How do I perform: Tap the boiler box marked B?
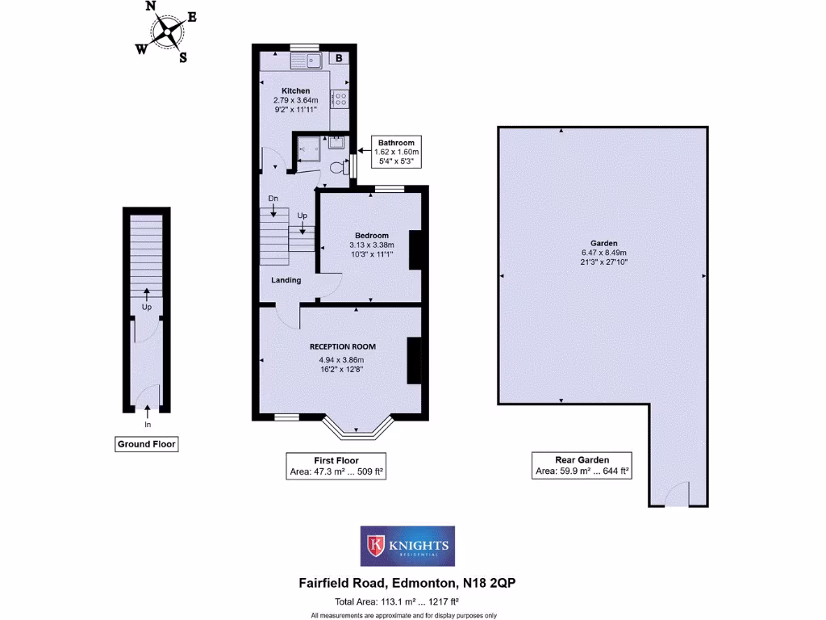[340, 58]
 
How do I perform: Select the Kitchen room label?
[295, 90]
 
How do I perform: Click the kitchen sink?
[307, 59]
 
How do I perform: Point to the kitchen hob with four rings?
[341, 99]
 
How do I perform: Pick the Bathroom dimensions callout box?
[395, 152]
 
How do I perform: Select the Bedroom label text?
[371, 236]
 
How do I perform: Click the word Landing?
[286, 280]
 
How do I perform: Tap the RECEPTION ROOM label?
[343, 346]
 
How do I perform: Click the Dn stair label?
[273, 198]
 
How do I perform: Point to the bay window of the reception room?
[358, 429]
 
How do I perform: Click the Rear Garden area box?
[582, 466]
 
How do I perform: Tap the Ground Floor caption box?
[146, 443]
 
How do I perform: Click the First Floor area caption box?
[336, 467]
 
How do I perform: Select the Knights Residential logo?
[407, 547]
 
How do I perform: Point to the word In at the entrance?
[148, 424]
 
